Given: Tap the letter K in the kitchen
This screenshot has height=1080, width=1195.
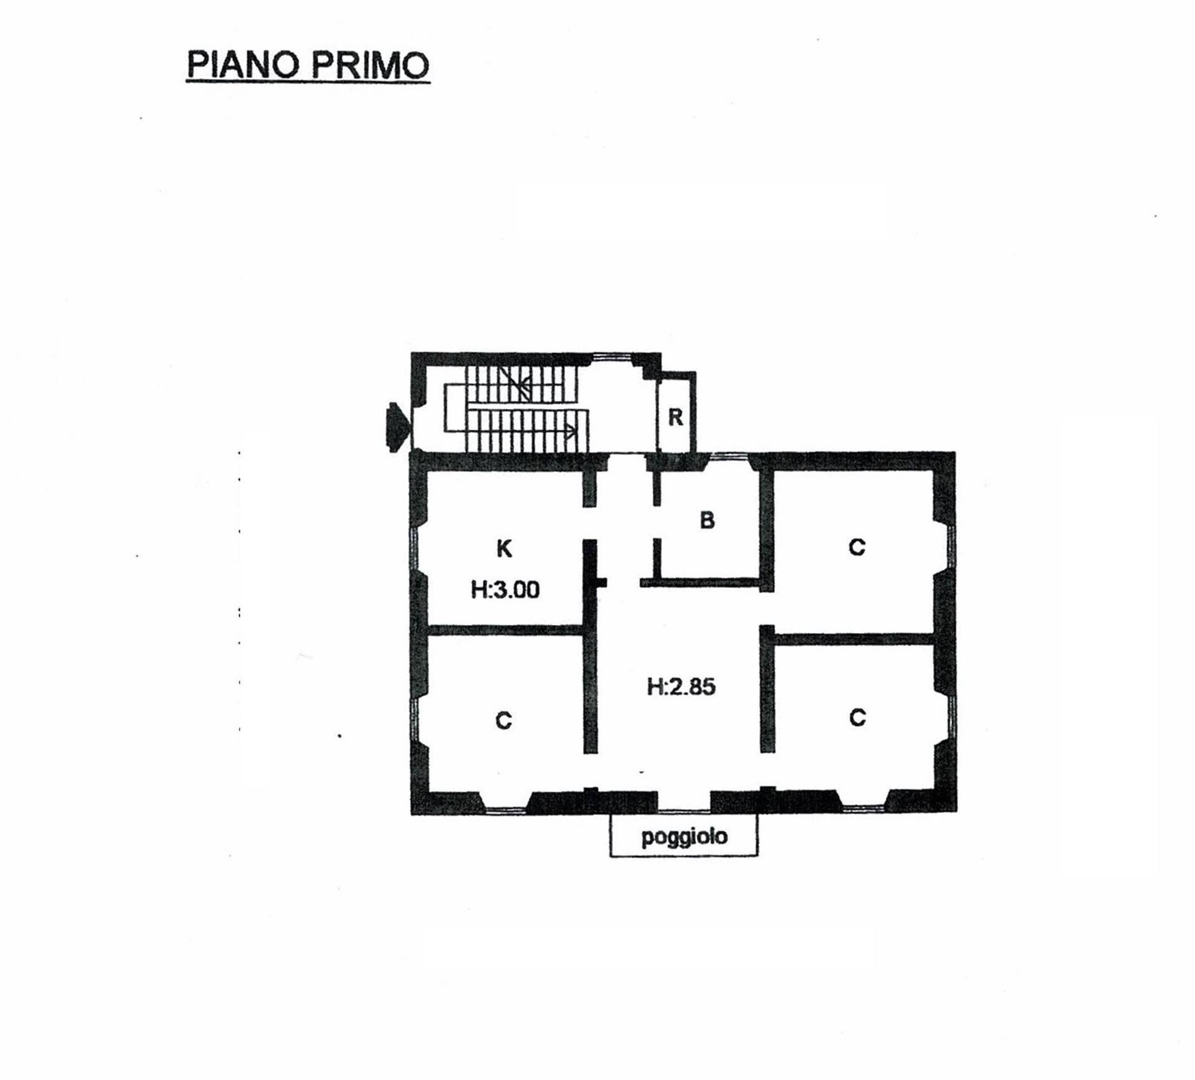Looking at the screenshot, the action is point(504,548).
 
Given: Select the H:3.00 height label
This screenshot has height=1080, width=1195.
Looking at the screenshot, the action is point(505,589).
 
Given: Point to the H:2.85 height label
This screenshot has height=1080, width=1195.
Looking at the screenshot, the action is point(682,687).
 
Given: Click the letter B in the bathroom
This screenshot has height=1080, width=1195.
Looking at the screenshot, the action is point(707,520).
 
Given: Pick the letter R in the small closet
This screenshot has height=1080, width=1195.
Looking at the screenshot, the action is point(675,416).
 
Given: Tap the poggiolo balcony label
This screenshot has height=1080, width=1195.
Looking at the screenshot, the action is point(684,837).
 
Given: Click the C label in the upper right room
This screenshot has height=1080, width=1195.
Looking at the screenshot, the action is point(857,547).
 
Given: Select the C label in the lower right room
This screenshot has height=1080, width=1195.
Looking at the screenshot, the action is point(857,718).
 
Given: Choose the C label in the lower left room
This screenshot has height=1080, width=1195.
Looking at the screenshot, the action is point(504,720).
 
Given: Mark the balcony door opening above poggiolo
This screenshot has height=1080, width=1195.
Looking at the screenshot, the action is point(684,809).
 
